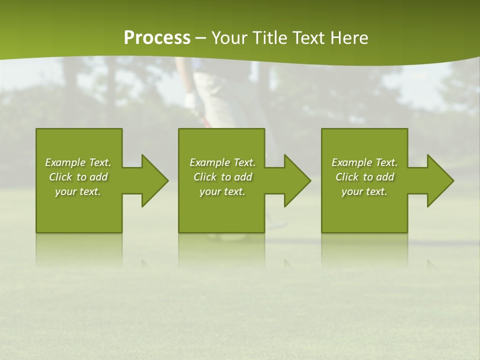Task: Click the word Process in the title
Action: pos(157,38)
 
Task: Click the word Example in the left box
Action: pos(65,162)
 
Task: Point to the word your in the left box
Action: pos(65,191)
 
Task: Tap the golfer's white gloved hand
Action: pos(191,100)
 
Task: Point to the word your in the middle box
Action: pos(210,191)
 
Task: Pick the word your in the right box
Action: pos(352,191)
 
